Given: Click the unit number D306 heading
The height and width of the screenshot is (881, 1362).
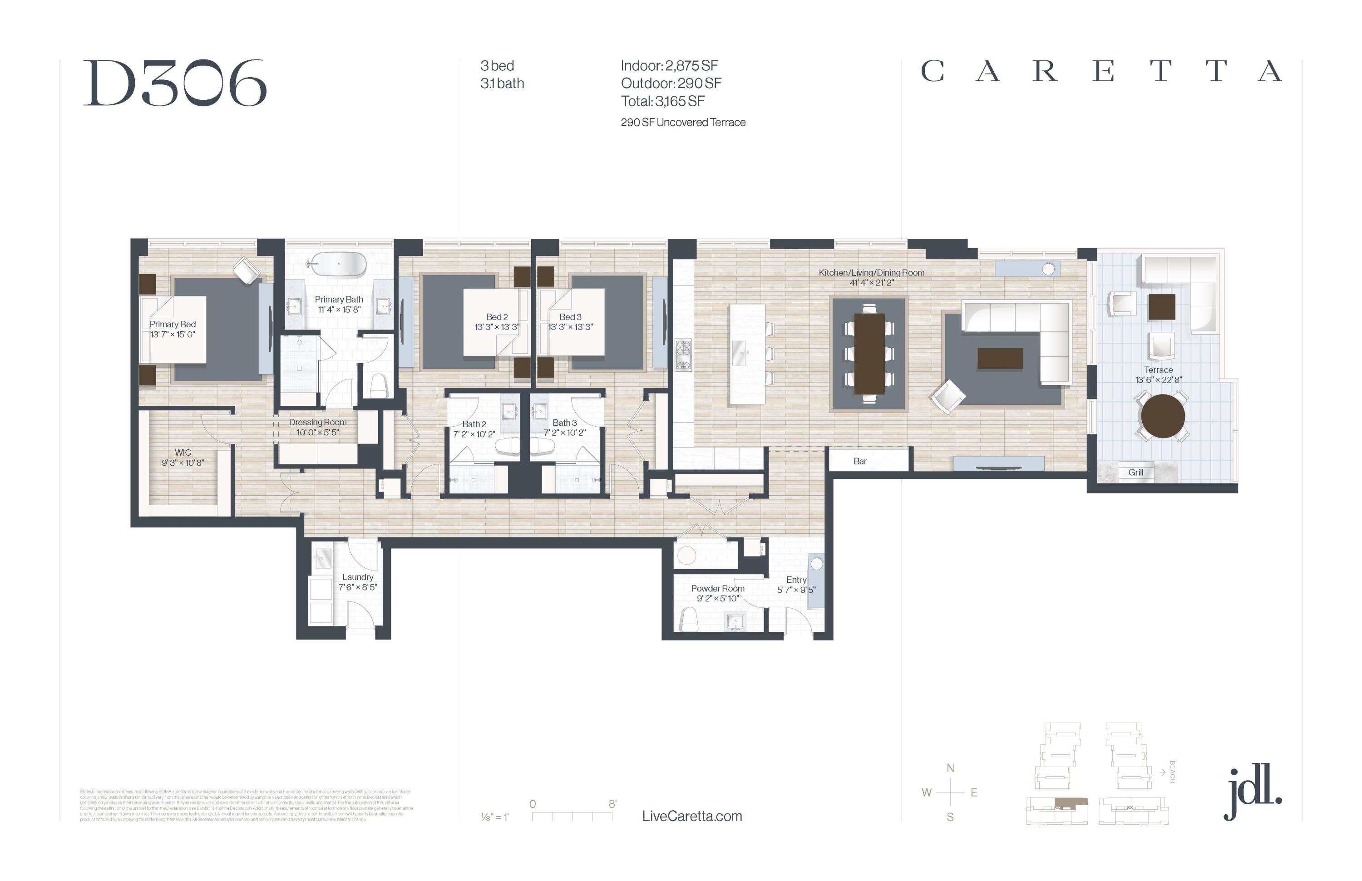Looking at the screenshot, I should coord(175,84).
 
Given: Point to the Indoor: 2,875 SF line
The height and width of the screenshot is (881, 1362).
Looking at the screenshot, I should coord(669,66).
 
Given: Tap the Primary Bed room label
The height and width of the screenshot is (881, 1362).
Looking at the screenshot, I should coord(173,325).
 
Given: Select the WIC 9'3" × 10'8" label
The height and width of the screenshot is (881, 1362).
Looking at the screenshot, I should coord(183,457).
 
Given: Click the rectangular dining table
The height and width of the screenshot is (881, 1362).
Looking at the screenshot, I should coord(869,354).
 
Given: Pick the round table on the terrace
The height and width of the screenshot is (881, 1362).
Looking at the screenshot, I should coord(1162,416).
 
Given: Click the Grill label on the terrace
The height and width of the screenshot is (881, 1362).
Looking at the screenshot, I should coord(1135,472).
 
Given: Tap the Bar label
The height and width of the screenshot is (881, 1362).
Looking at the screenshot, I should coord(859,461).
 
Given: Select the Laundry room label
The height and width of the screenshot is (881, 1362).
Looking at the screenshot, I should coord(358,577).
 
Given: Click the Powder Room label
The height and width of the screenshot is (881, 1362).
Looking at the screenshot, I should coord(718,589).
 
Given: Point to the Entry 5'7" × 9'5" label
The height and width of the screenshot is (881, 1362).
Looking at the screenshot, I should coord(796,584).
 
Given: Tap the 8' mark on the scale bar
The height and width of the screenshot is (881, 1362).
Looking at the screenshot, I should coord(612,804).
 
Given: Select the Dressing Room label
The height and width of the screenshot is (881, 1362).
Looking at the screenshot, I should coord(318,422).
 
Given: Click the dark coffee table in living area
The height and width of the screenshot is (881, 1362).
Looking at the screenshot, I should coord(1000,359).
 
